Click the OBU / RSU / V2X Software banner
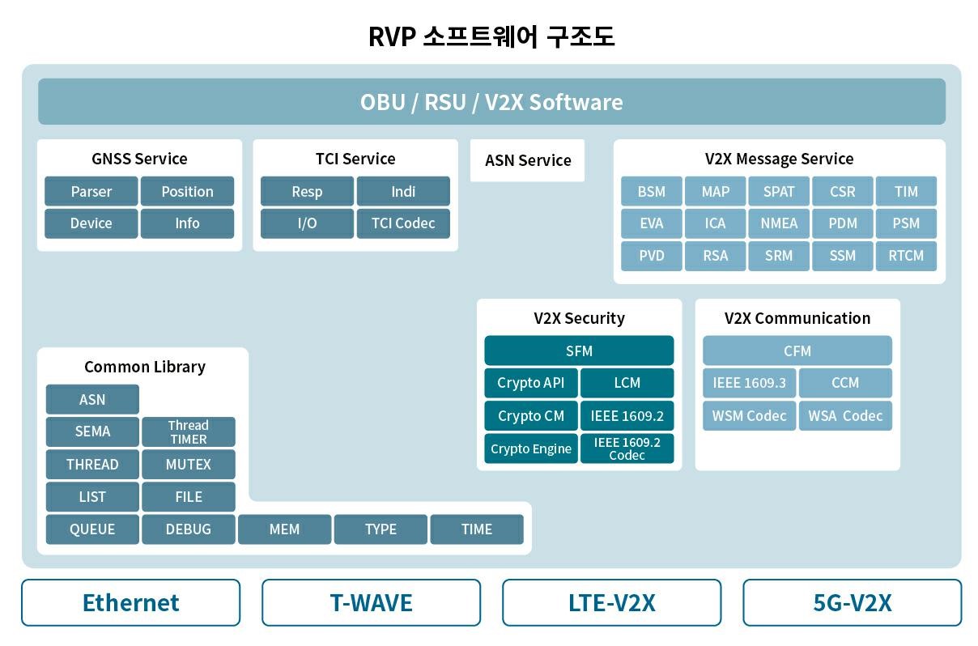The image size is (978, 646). (x=491, y=102)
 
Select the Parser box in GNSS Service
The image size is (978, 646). (x=91, y=192)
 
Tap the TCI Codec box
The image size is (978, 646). (x=403, y=223)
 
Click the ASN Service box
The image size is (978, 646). (x=528, y=160)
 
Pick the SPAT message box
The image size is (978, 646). (x=779, y=192)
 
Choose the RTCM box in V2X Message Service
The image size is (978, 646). (x=906, y=256)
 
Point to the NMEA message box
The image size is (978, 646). (x=779, y=223)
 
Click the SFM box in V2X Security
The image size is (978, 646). (x=579, y=351)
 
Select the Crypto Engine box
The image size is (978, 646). (x=531, y=448)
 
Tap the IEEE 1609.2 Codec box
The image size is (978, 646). (x=627, y=448)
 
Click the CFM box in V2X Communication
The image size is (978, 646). (x=797, y=351)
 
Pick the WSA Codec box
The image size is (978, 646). (x=845, y=415)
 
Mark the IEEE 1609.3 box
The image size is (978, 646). (x=750, y=383)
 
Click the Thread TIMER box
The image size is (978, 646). (x=189, y=432)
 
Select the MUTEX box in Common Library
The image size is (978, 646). (x=189, y=465)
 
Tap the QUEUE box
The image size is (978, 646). (x=92, y=529)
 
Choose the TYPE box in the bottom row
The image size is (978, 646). (x=381, y=529)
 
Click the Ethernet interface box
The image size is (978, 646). (x=130, y=602)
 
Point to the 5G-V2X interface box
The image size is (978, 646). (x=852, y=602)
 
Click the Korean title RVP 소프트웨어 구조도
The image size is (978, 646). (x=491, y=37)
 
